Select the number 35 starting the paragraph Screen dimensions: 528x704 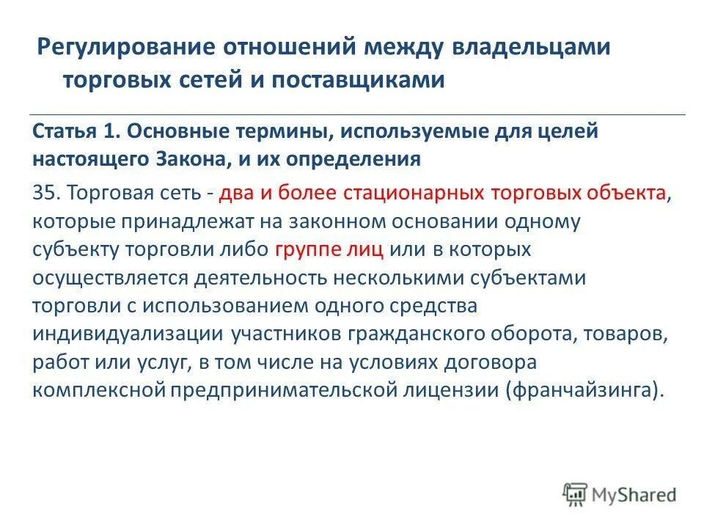(x=43, y=193)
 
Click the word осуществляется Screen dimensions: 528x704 (x=112, y=277)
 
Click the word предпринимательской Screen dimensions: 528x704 (x=285, y=389)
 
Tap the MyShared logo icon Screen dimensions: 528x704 (x=576, y=494)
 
